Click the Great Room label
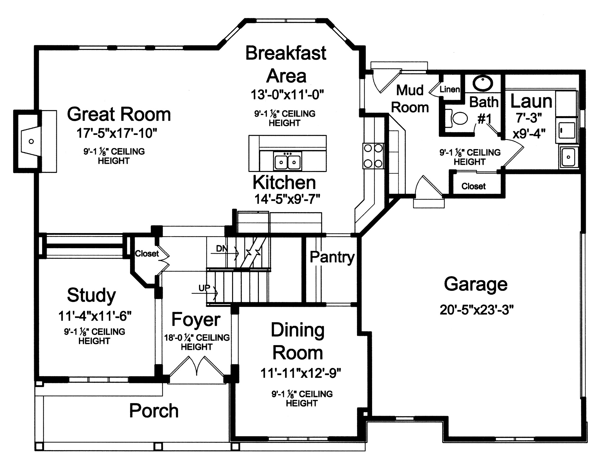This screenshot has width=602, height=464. click(119, 114)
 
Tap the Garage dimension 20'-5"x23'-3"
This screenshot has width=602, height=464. click(476, 310)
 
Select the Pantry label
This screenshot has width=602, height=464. click(332, 257)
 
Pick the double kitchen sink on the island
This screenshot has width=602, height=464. click(287, 161)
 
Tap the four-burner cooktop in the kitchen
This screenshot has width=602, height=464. click(373, 156)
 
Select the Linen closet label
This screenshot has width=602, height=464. click(450, 89)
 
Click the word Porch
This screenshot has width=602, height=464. click(154, 411)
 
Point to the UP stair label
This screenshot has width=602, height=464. click(204, 288)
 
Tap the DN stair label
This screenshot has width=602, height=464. click(222, 249)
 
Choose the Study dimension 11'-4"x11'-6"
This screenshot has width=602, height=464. click(95, 316)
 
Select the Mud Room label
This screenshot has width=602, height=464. click(410, 99)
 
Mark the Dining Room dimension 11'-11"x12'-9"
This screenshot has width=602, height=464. click(301, 373)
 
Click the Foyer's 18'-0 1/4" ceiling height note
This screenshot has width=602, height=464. click(197, 342)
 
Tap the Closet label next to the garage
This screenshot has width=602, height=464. click(473, 186)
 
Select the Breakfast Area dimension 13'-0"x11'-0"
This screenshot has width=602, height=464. click(287, 95)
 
